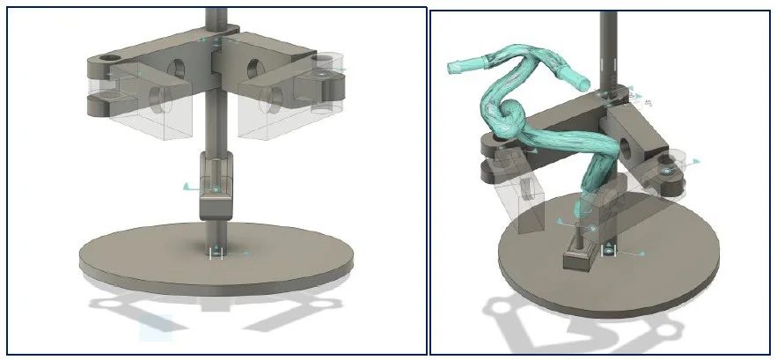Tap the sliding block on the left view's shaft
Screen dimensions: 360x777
tap(216, 185)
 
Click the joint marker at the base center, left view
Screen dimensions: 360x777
tap(216, 253)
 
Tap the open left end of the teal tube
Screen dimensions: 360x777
tap(454, 66)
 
